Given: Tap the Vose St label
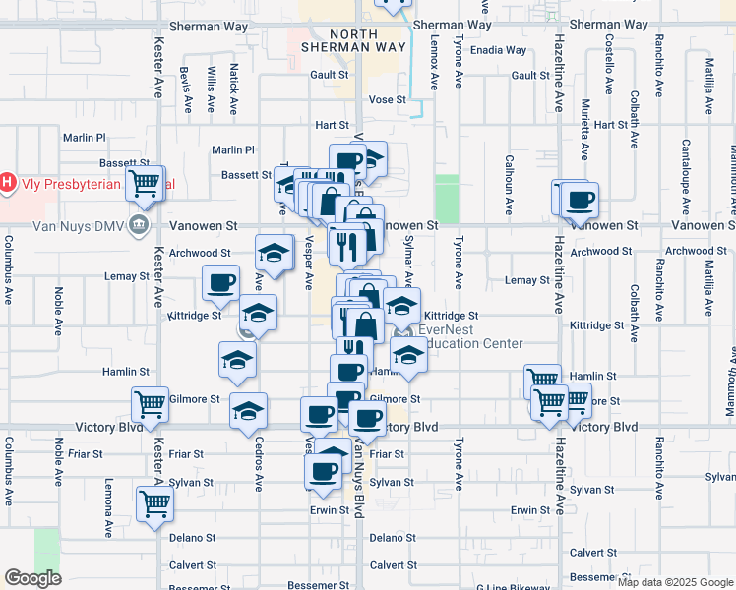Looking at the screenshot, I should pyautogui.click(x=388, y=100).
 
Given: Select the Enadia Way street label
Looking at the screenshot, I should pyautogui.click(x=499, y=50).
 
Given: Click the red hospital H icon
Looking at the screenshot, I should pyautogui.click(x=8, y=182).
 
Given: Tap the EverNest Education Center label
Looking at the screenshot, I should pyautogui.click(x=470, y=337).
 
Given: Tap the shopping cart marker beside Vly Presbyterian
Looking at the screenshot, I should pyautogui.click(x=146, y=182).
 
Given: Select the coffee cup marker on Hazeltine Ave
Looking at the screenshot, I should pyautogui.click(x=580, y=200).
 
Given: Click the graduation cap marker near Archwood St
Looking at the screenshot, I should pyautogui.click(x=275, y=253).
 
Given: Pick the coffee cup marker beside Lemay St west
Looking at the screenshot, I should pyautogui.click(x=220, y=283).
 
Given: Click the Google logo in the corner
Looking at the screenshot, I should pyautogui.click(x=32, y=578).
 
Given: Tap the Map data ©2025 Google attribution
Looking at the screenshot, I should pyautogui.click(x=675, y=582).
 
